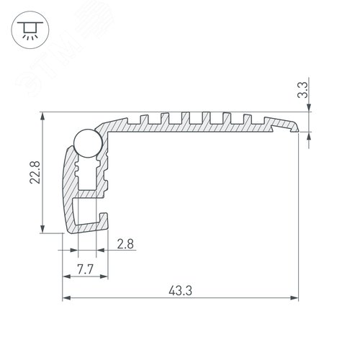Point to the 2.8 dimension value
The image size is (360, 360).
coord(124,245)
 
